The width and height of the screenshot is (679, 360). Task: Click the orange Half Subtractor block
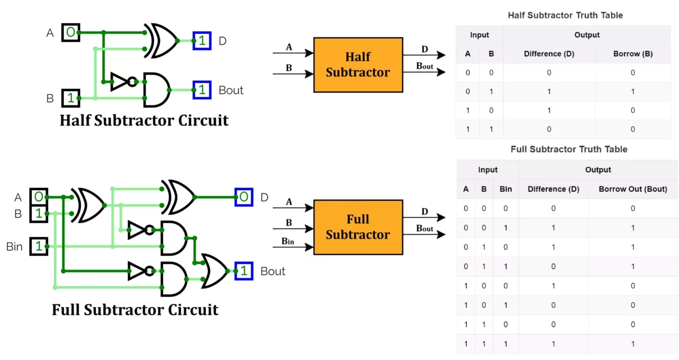358,64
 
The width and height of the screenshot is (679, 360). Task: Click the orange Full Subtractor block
358,227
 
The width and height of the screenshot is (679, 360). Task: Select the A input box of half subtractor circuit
70,33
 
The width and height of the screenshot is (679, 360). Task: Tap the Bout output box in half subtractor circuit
202,90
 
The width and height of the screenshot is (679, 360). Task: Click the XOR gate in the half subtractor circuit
161,40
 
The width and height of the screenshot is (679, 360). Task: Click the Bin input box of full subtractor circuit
39,246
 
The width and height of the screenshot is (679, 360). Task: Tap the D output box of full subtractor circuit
244,197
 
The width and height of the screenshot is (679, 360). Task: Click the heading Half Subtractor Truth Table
565,15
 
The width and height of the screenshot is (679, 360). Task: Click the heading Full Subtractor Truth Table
568,149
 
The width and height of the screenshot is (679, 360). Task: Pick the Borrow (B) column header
632,54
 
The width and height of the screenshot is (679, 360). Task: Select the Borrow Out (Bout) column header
632,189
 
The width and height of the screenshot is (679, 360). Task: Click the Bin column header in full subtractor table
506,189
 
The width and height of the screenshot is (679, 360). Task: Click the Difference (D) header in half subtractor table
549,54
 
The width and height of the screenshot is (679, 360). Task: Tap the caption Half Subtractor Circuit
144,120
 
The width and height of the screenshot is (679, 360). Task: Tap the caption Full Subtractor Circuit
135,310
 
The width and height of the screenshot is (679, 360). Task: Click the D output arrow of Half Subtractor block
424,54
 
